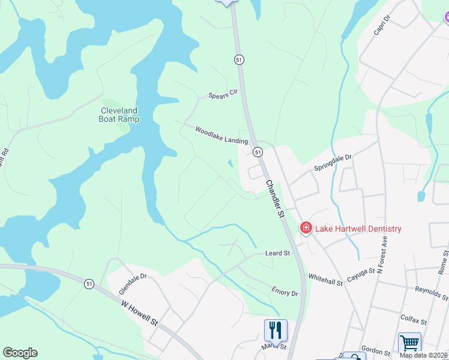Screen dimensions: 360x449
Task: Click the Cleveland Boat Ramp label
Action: coord(119,115)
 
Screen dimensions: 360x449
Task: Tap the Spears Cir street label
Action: coord(223,95)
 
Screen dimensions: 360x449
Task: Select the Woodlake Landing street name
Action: coord(221,135)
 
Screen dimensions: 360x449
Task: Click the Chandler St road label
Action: coord(274,197)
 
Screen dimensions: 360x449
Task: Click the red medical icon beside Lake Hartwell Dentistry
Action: coord(306,228)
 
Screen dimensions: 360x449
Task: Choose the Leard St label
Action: coord(277,253)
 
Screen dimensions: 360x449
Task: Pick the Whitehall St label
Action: coord(325,278)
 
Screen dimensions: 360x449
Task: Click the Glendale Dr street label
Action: coord(133,284)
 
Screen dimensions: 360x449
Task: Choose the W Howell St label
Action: coord(139,313)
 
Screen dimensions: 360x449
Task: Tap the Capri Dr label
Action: coord(382,26)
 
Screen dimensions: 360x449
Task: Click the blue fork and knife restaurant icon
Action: coord(275,329)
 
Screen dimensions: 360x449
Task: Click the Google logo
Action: coord(20,353)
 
